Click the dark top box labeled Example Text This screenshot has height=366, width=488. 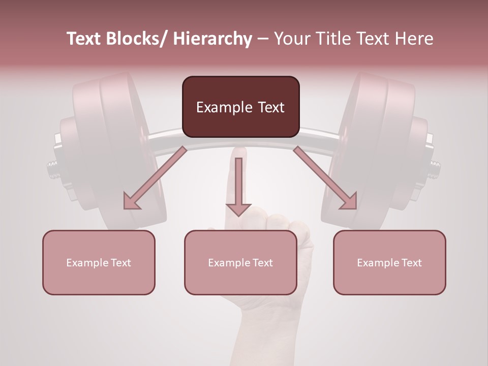pyautogui.click(x=240, y=107)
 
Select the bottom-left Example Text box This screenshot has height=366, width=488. pyautogui.click(x=99, y=262)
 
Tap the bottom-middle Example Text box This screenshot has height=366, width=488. pyautogui.click(x=240, y=262)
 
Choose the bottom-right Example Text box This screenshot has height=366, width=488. pyautogui.click(x=389, y=262)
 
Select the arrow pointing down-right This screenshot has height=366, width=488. pyautogui.click(x=325, y=178)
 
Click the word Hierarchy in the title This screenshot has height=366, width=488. pyautogui.click(x=212, y=39)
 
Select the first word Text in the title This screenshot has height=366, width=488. pyautogui.click(x=83, y=39)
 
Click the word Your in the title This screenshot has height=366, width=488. pyautogui.click(x=292, y=39)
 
